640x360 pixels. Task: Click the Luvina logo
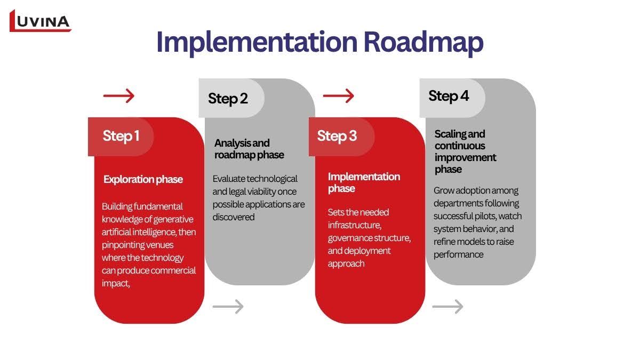41,21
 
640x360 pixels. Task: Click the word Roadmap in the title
423,42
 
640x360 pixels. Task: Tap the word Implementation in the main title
257,42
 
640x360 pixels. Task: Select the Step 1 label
121,136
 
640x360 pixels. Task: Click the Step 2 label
228,99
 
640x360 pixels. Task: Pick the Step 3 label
337,136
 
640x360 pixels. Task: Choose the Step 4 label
449,97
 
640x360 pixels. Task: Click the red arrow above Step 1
119,95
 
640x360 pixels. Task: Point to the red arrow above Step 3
339,95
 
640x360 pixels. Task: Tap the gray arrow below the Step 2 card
228,307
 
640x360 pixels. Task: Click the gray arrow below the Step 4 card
447,307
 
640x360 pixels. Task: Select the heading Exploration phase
143,179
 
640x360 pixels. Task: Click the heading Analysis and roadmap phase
249,149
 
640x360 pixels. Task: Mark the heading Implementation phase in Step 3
364,182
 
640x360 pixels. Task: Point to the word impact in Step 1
115,283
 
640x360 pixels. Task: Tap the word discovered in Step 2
234,217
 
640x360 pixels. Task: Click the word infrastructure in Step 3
354,226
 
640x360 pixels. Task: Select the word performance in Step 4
458,254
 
